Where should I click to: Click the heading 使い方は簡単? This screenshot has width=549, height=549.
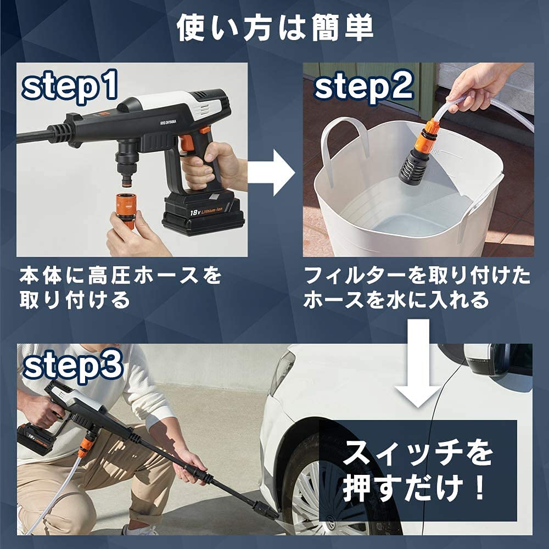(274, 29)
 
